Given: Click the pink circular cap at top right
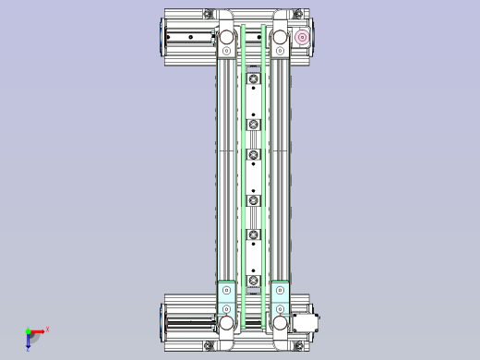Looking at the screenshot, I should pyautogui.click(x=301, y=37).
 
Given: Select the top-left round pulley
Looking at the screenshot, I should pyautogui.click(x=226, y=37).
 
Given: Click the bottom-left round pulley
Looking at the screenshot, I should pyautogui.click(x=226, y=322).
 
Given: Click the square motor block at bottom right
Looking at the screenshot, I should pyautogui.click(x=305, y=322).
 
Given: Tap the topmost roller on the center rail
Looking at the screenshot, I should pyautogui.click(x=253, y=80).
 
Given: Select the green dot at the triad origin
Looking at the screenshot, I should pyautogui.click(x=28, y=330).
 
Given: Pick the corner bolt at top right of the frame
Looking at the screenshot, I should pyautogui.click(x=297, y=14).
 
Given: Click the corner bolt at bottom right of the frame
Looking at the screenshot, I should pyautogui.click(x=297, y=346).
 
